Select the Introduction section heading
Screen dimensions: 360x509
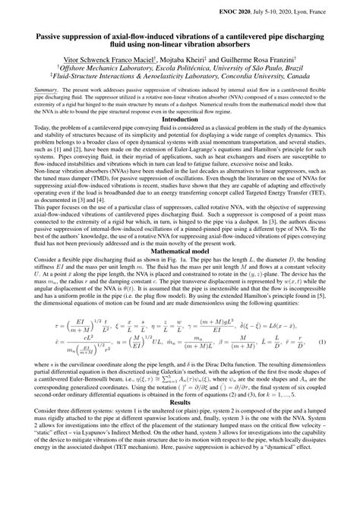point(180,119)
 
